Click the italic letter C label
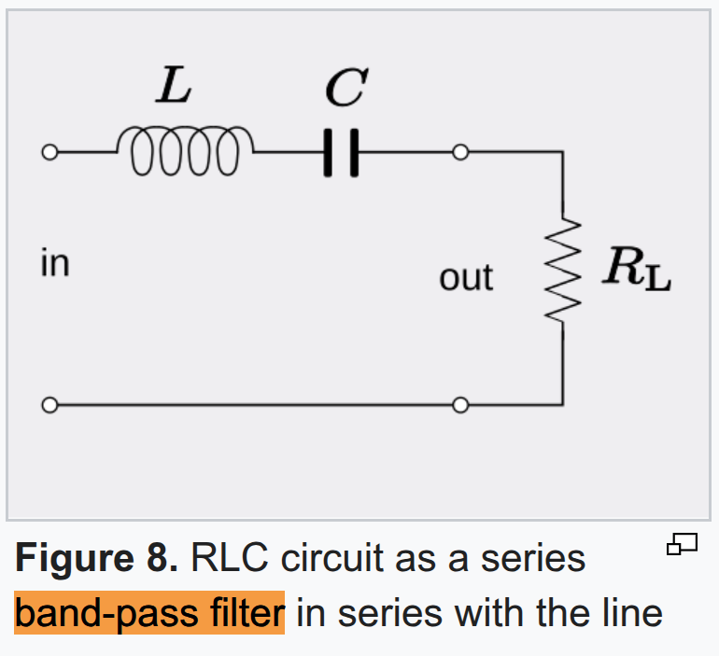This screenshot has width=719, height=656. coord(344,90)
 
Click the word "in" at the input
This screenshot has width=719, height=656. coord(55,263)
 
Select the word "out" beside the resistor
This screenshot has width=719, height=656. coord(465,277)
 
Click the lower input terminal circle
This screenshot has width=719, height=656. coord(49,405)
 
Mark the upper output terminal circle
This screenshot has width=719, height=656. coord(458,152)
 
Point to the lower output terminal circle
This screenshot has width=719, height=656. coord(458,405)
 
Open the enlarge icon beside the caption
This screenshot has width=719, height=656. coord(683,544)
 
